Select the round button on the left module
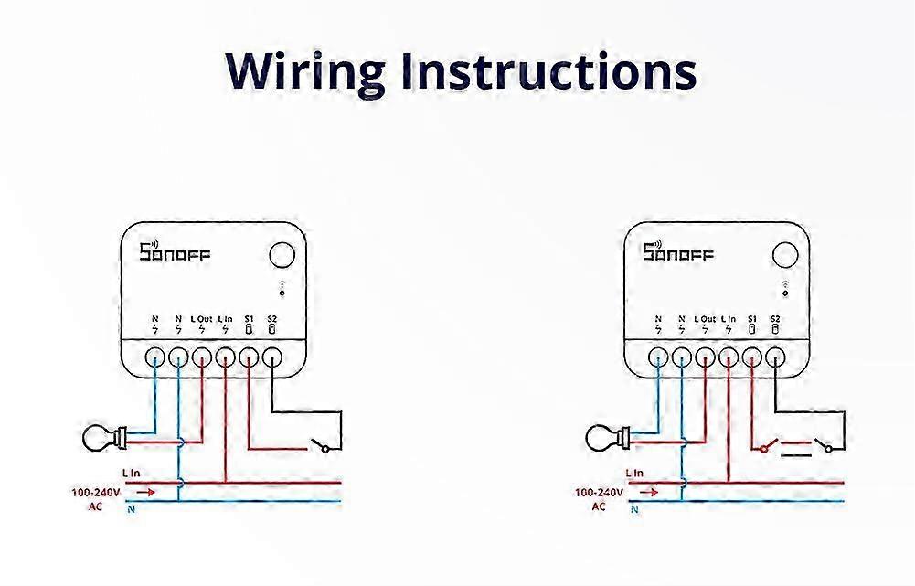(x=282, y=254)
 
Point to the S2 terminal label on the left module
(x=272, y=318)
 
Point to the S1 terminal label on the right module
(x=751, y=318)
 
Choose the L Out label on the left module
(x=202, y=318)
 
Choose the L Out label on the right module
(x=705, y=318)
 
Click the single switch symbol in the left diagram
(x=322, y=447)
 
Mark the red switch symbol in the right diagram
(x=767, y=447)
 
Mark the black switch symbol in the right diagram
(x=825, y=447)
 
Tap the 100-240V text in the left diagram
(x=93, y=492)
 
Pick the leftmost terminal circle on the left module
(x=155, y=356)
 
